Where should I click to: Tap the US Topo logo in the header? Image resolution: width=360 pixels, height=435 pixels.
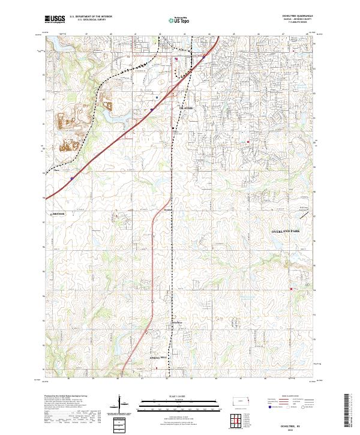(x=179, y=20)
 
